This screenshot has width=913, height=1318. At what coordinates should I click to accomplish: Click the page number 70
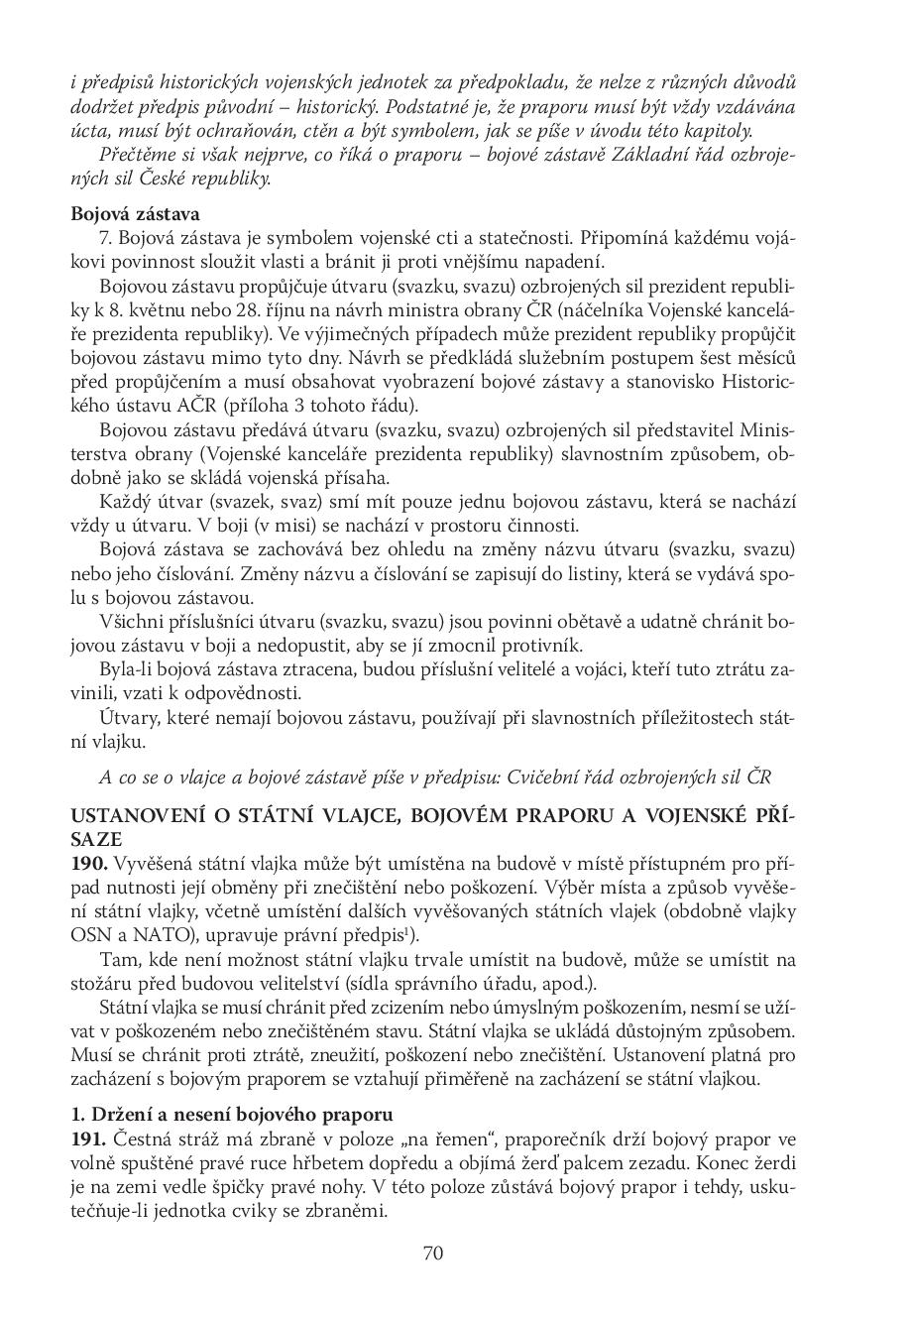433,1253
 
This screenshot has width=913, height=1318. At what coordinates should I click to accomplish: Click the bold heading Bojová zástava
136,213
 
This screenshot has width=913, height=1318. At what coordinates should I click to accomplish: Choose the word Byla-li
126,668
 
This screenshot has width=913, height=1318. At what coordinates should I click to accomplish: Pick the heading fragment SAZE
94,839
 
